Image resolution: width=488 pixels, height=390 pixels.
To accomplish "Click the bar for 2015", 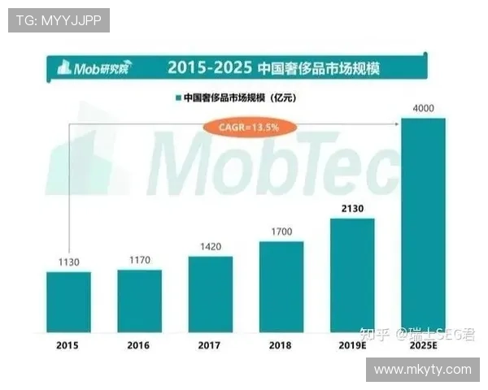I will [68, 301].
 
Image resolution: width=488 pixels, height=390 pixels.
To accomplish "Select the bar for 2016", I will [139, 301].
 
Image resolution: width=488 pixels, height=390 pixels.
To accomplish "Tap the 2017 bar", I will [210, 294].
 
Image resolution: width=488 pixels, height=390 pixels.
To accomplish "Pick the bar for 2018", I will [281, 287].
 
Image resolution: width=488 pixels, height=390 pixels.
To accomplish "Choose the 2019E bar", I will [352, 275].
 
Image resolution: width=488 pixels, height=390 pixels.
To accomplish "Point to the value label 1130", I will [68, 262].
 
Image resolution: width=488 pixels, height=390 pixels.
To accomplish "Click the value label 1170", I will [139, 261].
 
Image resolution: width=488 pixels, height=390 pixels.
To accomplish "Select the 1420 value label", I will [210, 247].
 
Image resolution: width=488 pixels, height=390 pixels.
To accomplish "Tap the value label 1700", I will [281, 232].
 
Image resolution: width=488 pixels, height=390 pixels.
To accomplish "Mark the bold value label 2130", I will [352, 210].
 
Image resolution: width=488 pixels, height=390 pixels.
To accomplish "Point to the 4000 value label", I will [423, 109].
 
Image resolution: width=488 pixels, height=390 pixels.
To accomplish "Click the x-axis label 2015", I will [68, 344].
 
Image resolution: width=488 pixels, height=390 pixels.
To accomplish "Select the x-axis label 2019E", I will [352, 344].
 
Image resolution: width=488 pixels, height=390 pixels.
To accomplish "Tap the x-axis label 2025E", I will [423, 344].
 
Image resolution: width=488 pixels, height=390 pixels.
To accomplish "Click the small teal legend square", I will [176, 98].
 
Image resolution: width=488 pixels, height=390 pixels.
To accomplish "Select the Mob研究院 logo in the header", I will [94, 67].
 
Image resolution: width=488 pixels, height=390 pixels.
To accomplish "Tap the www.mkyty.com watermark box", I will [422, 370].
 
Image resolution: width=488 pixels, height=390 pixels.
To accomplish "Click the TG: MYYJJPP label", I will [59, 20].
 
